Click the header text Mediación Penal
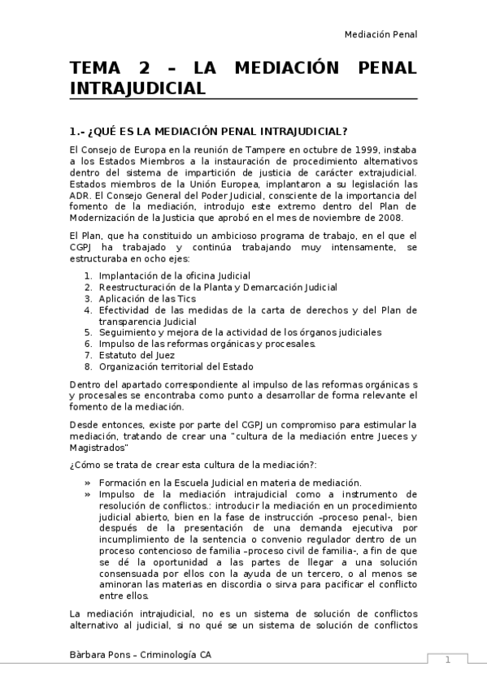pyautogui.click(x=380, y=34)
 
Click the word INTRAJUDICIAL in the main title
pyautogui.click(x=137, y=87)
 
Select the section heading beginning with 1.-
pyautogui.click(x=209, y=131)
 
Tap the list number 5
pyautogui.click(x=89, y=332)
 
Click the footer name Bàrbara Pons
pyautogui.click(x=99, y=655)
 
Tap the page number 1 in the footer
pyautogui.click(x=447, y=660)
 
